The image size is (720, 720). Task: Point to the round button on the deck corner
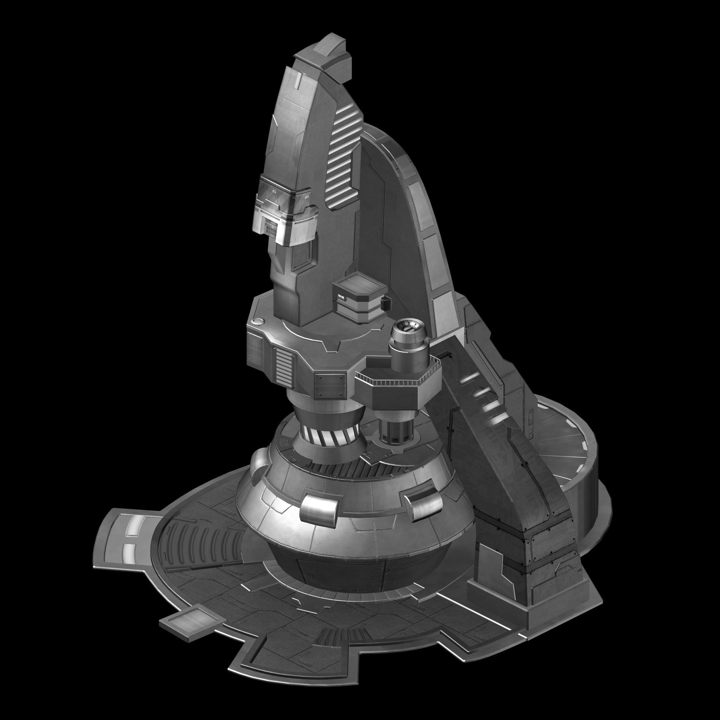point(257,321)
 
